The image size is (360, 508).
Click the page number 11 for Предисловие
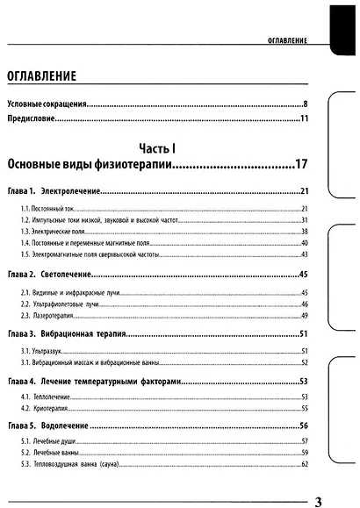pos(304,119)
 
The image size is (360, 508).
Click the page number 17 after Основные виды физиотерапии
pos(301,164)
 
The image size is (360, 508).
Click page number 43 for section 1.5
pos(305,254)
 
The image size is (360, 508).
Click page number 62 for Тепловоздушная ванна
pos(305,464)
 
